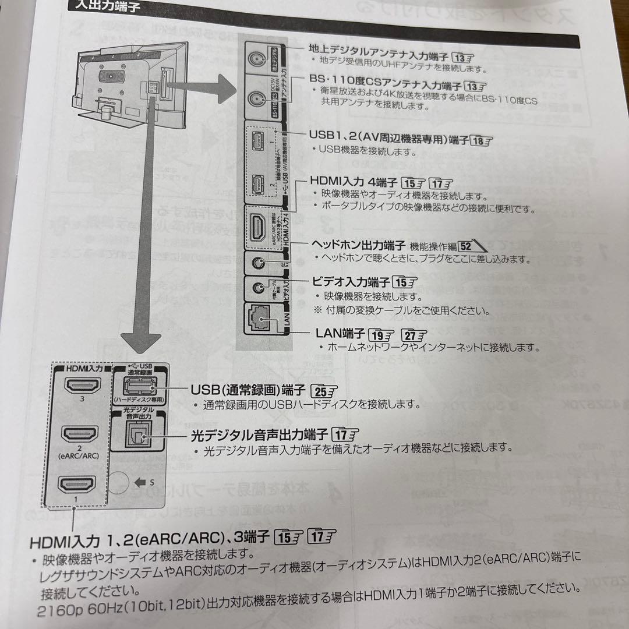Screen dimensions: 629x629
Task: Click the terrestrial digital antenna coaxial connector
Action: (x=257, y=58)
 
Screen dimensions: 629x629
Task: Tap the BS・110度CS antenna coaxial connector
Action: (x=257, y=98)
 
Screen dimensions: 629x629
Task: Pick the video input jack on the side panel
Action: (x=257, y=287)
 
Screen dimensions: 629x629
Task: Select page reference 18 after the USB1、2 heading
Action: (x=480, y=140)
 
